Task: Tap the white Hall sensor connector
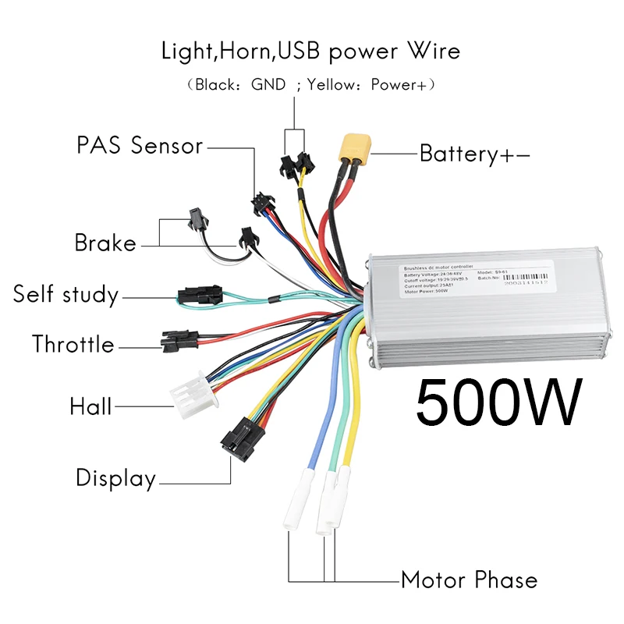[190, 395]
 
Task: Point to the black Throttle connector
[179, 340]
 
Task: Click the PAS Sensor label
[140, 145]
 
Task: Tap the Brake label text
[105, 243]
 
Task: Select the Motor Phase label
[469, 580]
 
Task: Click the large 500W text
[498, 402]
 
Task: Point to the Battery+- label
[474, 154]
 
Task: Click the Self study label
[66, 295]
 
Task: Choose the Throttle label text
[73, 344]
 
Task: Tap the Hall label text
[90, 406]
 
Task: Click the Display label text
[115, 478]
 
